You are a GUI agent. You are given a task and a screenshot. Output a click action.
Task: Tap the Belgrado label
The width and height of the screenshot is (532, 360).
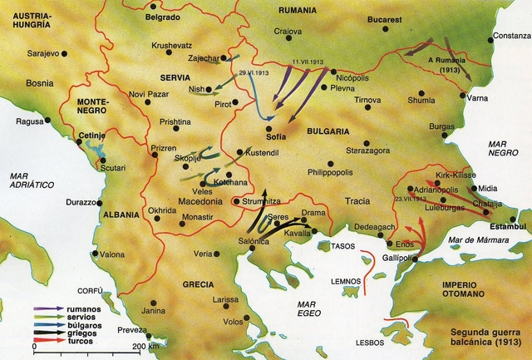pos(162,17)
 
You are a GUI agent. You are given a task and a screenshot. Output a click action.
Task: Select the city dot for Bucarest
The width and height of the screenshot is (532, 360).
pos(386,29)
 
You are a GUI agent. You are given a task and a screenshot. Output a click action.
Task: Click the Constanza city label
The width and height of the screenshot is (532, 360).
pos(509,36)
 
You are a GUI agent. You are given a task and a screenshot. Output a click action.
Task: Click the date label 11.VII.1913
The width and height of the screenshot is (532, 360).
pos(307,62)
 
